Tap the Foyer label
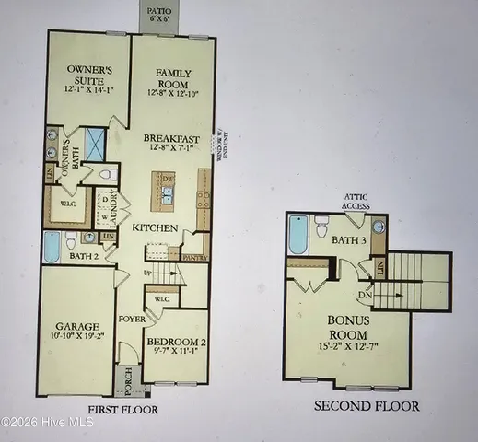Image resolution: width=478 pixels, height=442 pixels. click(126, 321)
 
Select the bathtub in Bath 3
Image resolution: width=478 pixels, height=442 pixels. click(297, 234)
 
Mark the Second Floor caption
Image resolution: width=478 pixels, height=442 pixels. click(367, 405)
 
